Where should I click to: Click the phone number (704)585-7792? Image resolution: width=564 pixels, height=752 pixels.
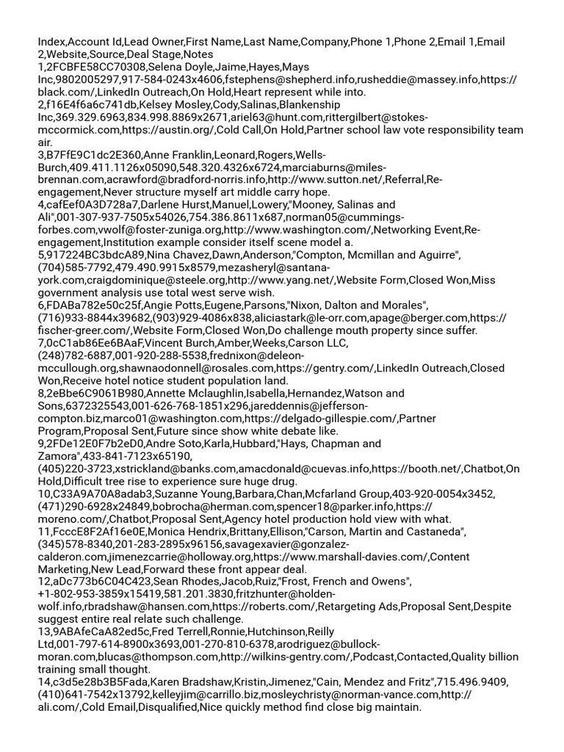tap(76, 267)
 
